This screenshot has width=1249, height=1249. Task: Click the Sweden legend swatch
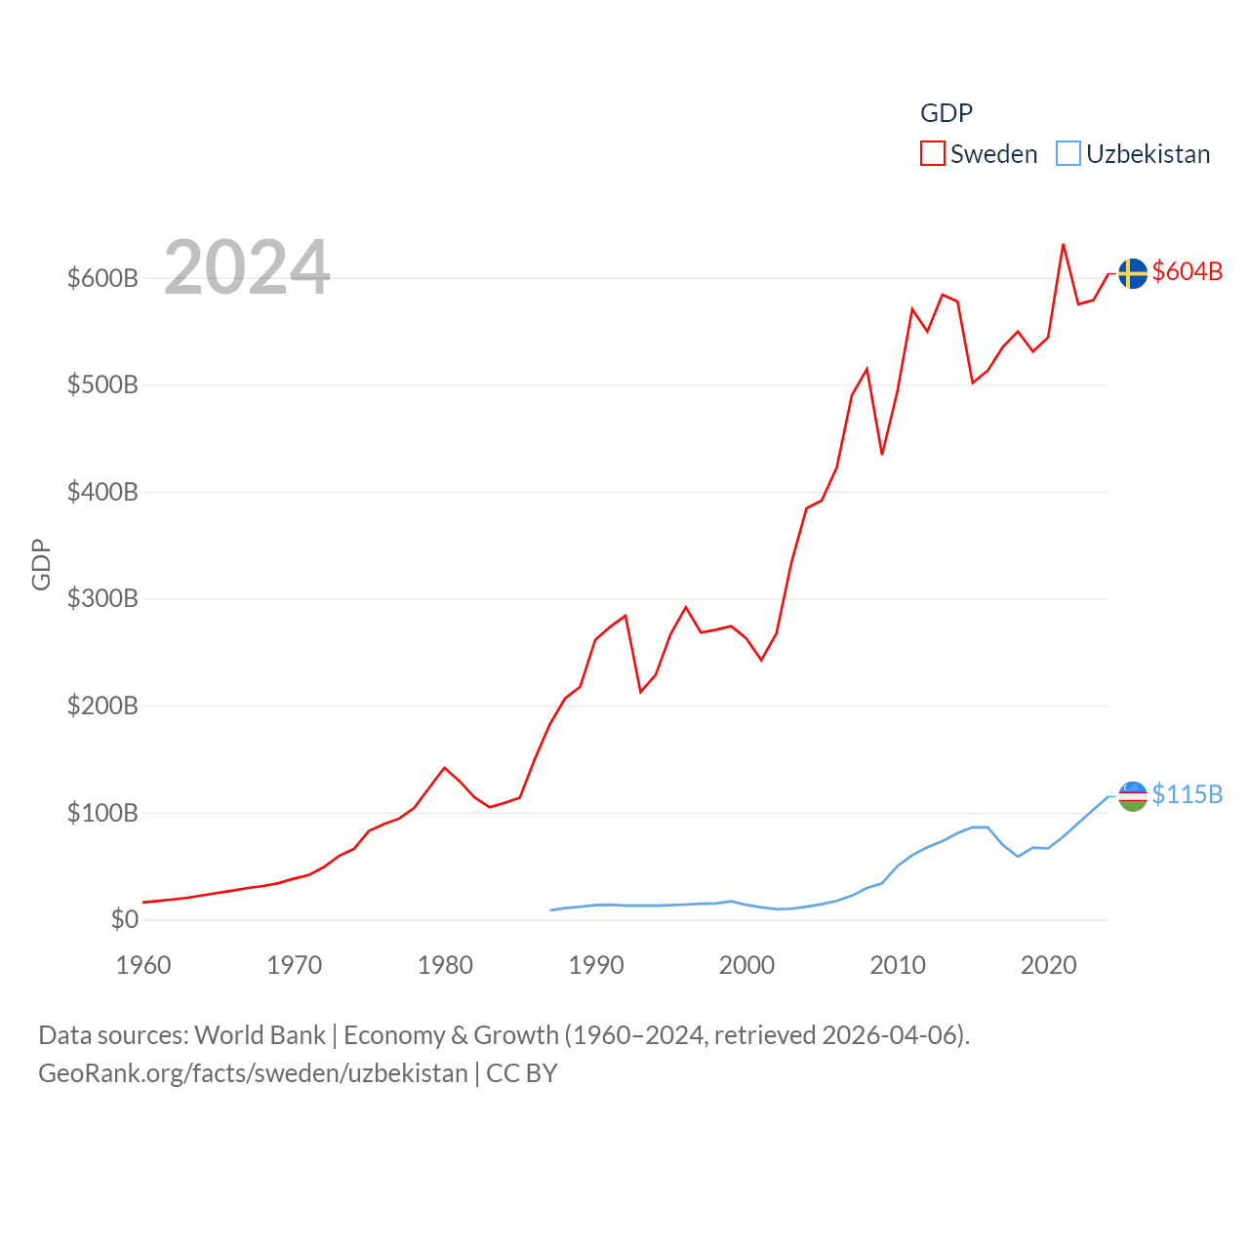point(933,154)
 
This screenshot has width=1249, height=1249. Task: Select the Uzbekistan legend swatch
point(1068,154)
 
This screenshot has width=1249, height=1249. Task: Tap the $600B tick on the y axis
point(102,278)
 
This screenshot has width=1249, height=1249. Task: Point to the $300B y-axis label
point(102,598)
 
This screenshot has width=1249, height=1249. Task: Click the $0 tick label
point(125,919)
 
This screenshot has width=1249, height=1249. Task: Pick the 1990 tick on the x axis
point(596,965)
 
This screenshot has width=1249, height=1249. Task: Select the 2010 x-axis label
point(898,965)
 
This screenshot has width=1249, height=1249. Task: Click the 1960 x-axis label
point(143,965)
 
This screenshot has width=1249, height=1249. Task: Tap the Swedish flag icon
point(1133,273)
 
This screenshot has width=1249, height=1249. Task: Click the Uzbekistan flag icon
point(1133,796)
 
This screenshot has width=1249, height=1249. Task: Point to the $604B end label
point(1188,271)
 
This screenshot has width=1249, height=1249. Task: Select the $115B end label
point(1188,794)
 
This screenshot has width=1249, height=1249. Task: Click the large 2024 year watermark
point(247,267)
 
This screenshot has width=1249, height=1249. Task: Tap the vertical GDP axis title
point(41,564)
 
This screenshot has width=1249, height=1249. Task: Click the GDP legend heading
point(947,113)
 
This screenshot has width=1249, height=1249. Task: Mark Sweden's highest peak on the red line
point(1063,244)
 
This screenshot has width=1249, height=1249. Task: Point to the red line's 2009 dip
point(882,455)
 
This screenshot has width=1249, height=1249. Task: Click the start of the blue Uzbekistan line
point(551,910)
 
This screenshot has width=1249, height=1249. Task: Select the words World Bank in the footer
point(260,1034)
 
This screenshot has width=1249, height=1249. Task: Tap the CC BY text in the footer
point(522,1073)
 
